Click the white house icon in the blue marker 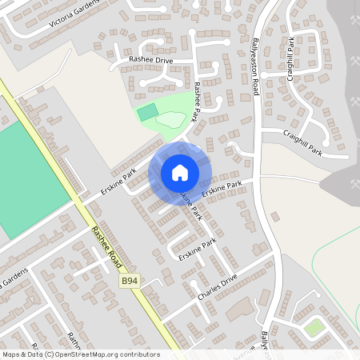coord(179,172)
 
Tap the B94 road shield coord(130,281)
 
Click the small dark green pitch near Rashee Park coord(147,113)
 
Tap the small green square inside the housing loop coord(314,326)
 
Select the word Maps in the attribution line coord(11,354)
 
